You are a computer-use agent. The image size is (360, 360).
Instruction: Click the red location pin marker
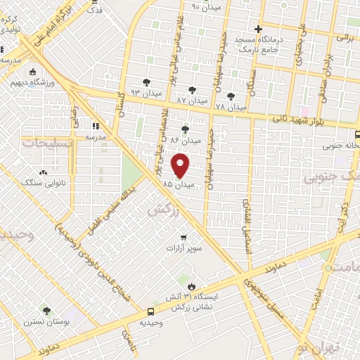tap(181, 166)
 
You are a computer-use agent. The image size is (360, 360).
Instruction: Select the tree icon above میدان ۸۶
tap(185, 129)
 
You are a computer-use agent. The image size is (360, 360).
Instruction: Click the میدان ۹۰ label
tap(205, 8)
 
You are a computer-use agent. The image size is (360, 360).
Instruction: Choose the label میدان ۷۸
tap(231, 107)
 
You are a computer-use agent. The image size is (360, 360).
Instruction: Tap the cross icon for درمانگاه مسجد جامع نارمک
tap(258, 30)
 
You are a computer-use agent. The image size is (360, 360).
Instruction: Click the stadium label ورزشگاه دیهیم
tap(32, 82)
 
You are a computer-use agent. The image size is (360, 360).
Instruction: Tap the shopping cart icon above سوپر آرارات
tap(184, 237)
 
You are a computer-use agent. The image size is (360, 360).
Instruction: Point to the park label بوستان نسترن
tap(47, 321)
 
